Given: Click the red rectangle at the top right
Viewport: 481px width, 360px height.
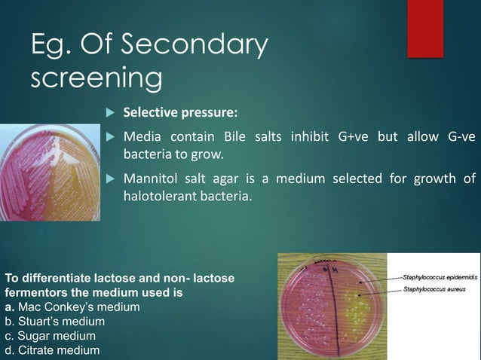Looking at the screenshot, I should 425,28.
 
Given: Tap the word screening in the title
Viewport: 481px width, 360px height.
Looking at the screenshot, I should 96,77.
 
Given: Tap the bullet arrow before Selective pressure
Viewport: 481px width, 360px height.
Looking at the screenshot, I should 109,113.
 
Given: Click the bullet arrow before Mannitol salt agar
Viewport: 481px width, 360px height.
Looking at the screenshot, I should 109,179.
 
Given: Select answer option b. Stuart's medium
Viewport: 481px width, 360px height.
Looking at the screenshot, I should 55,322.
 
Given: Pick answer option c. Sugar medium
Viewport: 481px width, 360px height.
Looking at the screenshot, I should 51,336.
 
